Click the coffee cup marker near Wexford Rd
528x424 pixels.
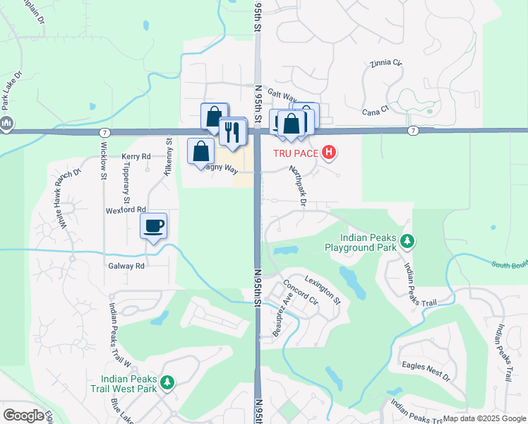[x=154, y=226]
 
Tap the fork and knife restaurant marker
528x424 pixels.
[x=232, y=131]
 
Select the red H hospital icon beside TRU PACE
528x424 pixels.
[x=328, y=152]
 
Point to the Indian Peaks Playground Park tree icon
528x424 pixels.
[x=407, y=242]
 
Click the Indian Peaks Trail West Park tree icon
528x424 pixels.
[x=167, y=383]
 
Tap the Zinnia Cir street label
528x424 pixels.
[x=385, y=64]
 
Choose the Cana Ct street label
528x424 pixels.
[x=376, y=110]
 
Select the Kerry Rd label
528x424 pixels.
[x=136, y=156]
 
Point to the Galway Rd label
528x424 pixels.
[x=126, y=266]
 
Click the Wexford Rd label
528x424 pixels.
[x=128, y=210]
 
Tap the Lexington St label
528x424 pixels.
[x=323, y=290]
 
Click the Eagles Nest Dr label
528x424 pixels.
[x=425, y=372]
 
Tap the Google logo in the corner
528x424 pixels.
[x=23, y=416]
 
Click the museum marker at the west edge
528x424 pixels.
[x=7, y=124]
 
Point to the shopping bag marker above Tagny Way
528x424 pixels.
[x=201, y=151]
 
